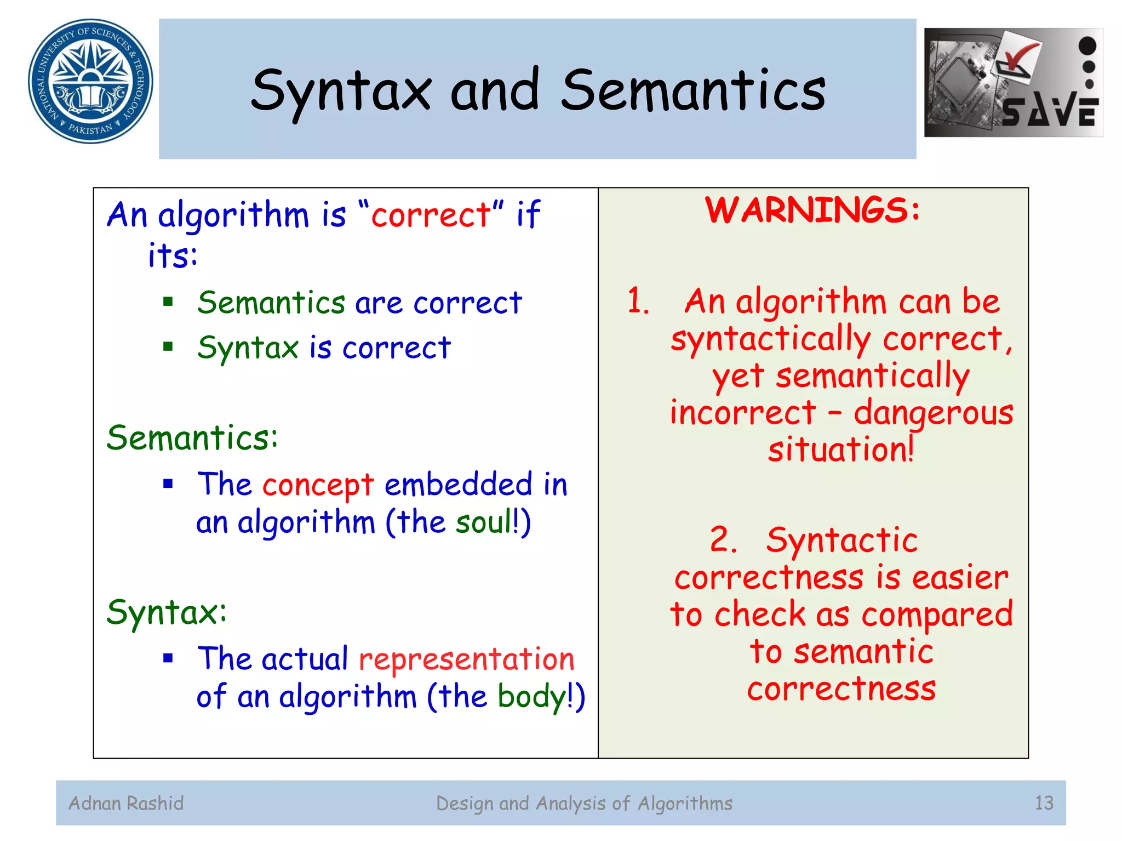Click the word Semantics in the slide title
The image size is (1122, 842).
(692, 90)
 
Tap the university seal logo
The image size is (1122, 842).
(90, 81)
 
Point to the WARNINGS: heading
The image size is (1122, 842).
(812, 210)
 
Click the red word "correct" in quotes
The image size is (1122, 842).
(431, 214)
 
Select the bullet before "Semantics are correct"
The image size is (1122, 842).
(168, 301)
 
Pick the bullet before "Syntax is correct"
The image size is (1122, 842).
(168, 346)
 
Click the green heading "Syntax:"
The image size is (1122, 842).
(167, 612)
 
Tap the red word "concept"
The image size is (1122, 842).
(318, 485)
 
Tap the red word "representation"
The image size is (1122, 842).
(466, 659)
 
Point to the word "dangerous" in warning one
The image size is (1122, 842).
(933, 412)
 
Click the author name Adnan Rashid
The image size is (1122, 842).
(126, 804)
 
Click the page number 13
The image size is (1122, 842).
(1044, 804)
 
